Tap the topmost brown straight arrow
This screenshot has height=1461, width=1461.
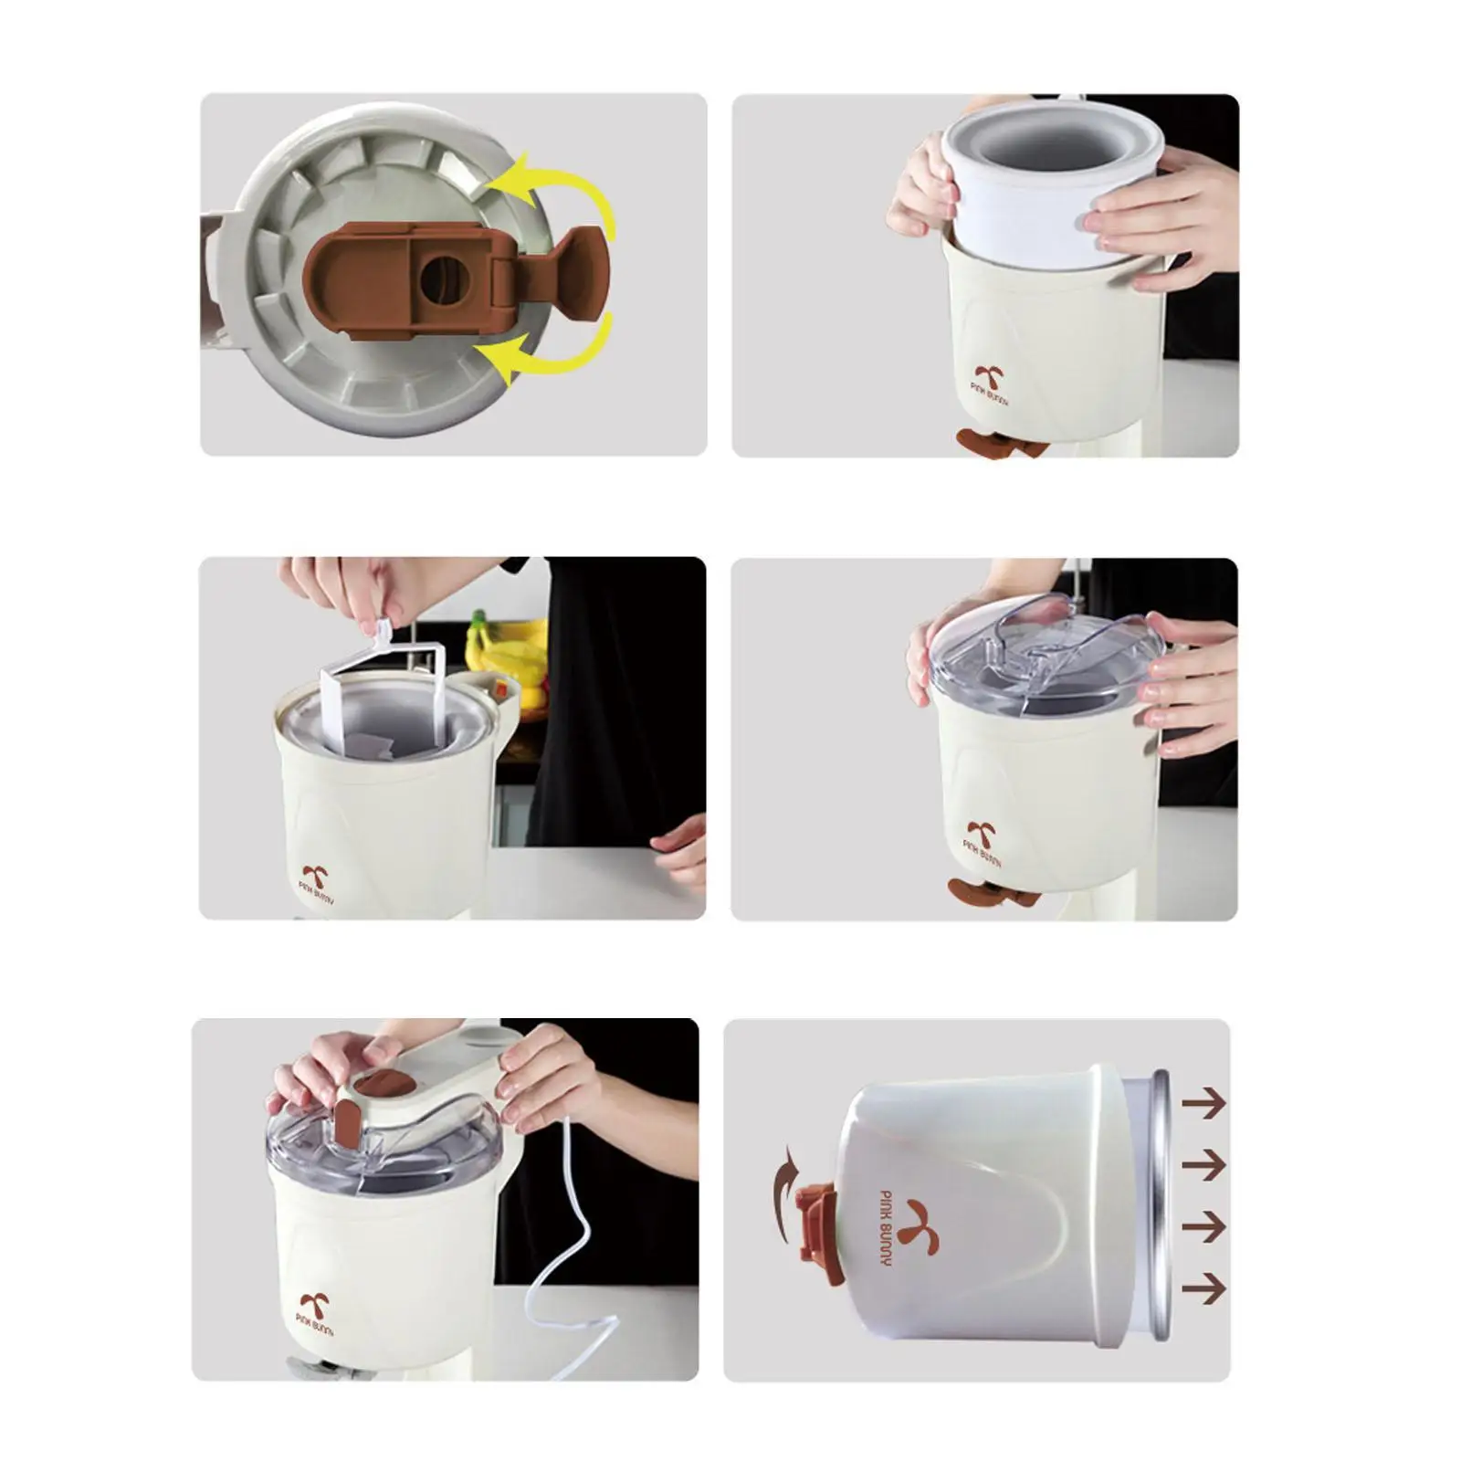pyautogui.click(x=1203, y=1106)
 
